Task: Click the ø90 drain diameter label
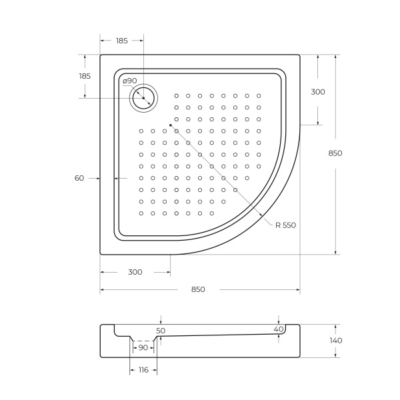click(x=130, y=81)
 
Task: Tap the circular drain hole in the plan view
click(x=143, y=99)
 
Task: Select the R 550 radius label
click(x=285, y=225)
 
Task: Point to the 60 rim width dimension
click(x=79, y=178)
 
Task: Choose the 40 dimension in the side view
click(x=279, y=329)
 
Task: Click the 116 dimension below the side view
click(x=143, y=370)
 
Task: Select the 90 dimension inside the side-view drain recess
click(x=143, y=347)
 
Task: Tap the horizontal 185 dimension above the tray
click(x=121, y=41)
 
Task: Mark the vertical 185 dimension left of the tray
click(x=85, y=76)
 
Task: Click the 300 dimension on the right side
click(x=318, y=92)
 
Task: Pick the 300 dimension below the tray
click(x=135, y=272)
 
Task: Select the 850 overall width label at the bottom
click(x=198, y=289)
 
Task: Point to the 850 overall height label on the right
click(x=335, y=153)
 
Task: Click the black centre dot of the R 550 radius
click(x=171, y=125)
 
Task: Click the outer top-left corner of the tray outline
click(x=101, y=55)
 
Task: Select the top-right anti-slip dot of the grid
click(x=259, y=95)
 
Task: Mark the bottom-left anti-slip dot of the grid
click(x=141, y=213)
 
